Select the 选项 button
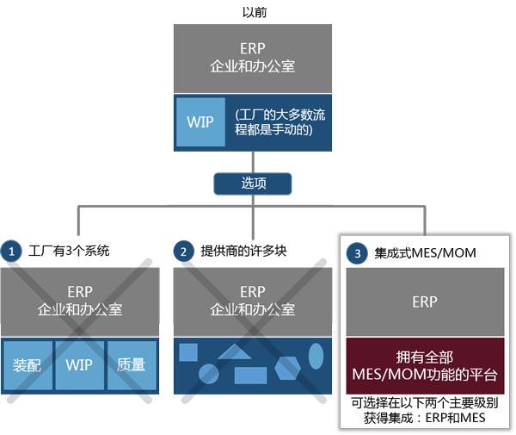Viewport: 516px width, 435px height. point(253,183)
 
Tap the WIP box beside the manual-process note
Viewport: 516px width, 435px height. point(200,121)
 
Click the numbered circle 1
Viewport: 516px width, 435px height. point(11,252)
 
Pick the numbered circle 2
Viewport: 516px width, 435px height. point(183,252)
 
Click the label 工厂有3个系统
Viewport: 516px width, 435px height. point(69,252)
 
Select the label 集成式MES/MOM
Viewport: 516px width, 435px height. point(425,253)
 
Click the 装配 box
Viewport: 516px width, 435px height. point(28,364)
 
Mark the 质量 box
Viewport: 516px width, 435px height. point(132,364)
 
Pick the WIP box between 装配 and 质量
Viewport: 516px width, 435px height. point(80,364)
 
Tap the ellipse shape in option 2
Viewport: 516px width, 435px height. point(316,354)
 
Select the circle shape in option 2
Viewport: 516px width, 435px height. point(208,373)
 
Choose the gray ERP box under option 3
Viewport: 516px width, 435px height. point(425,301)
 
